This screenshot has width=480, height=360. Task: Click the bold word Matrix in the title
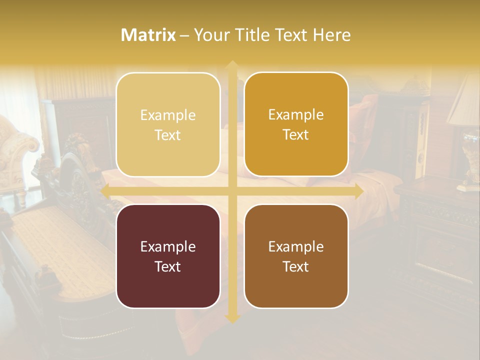pyautogui.click(x=148, y=35)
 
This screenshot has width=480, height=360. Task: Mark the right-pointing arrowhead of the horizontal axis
pyautogui.click(x=359, y=191)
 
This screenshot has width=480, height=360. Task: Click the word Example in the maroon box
pyautogui.click(x=168, y=246)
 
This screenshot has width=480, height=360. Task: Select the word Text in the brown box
pyautogui.click(x=296, y=266)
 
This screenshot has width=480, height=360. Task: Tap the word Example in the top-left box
pyautogui.click(x=168, y=115)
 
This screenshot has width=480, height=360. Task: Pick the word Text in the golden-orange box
pyautogui.click(x=296, y=135)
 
